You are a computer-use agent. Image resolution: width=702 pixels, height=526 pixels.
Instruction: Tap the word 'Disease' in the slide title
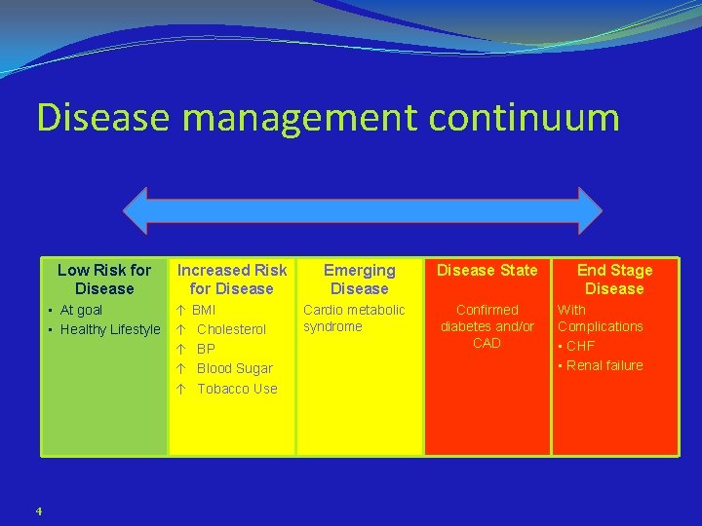tap(103, 117)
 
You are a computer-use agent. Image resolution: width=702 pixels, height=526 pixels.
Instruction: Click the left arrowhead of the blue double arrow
tap(136, 210)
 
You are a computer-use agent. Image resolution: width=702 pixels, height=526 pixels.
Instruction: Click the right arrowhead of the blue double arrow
tap(589, 210)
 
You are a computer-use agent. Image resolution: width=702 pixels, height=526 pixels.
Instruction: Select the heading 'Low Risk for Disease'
tap(104, 279)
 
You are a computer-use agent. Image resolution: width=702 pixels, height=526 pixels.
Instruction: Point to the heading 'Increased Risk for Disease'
tap(232, 279)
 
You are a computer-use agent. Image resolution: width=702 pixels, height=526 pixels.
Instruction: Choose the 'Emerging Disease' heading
tap(360, 279)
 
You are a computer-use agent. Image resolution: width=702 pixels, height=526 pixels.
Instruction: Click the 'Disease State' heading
tap(487, 270)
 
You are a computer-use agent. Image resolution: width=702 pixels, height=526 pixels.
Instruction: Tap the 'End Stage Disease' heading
tap(614, 279)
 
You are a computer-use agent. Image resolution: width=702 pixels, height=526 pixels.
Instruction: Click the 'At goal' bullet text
tap(81, 310)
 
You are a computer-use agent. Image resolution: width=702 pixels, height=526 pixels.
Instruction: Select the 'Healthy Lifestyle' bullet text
tap(110, 329)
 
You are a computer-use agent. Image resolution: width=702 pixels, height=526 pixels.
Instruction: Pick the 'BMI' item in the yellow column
tap(204, 310)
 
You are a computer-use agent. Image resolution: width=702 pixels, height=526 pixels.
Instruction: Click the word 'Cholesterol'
tap(231, 329)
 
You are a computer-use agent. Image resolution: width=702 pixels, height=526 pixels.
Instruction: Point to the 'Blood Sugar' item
tap(234, 368)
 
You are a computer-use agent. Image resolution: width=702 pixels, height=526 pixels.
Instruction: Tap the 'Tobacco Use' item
tap(237, 389)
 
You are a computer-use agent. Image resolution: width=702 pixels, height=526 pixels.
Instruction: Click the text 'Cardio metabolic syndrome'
tap(353, 318)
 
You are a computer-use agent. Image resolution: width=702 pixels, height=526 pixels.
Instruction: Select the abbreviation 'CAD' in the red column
tap(487, 343)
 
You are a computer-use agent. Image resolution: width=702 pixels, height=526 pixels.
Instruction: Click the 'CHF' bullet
tap(580, 346)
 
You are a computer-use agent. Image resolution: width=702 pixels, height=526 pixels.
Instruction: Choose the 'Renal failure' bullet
tap(604, 365)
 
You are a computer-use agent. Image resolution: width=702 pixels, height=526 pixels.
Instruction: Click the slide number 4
tap(38, 510)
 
